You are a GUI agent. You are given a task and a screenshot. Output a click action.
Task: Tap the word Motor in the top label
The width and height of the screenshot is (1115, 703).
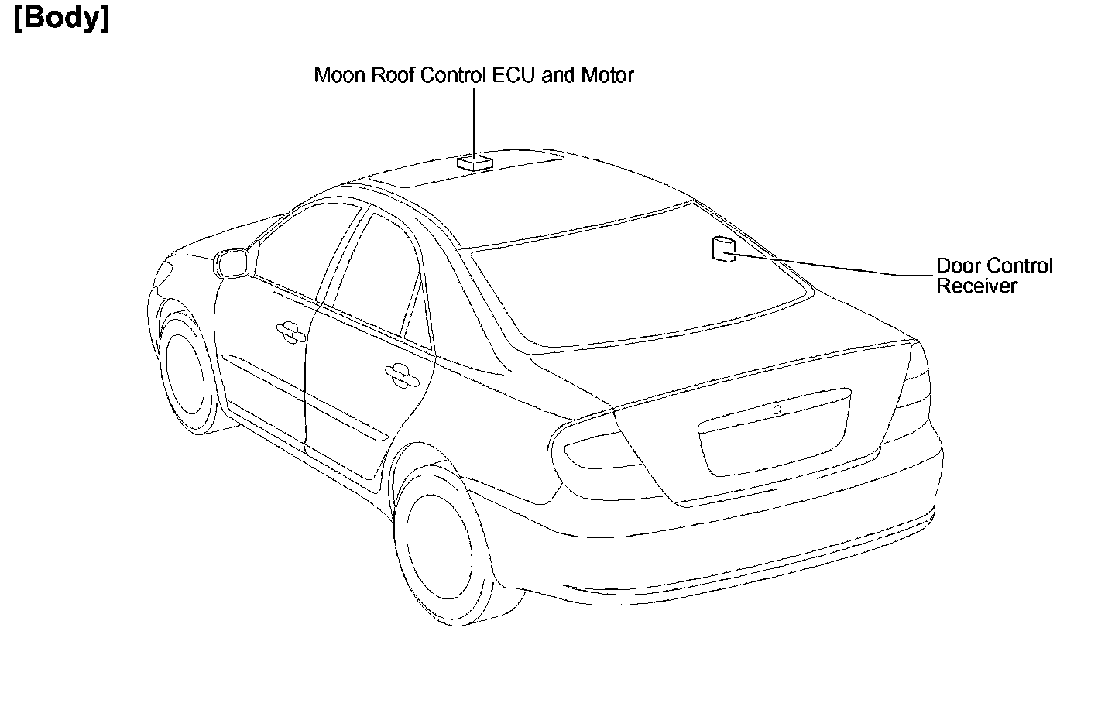point(608,75)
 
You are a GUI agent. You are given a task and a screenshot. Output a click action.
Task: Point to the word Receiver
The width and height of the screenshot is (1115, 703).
point(976,286)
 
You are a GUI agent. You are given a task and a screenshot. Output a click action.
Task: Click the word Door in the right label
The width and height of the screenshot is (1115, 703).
point(956,266)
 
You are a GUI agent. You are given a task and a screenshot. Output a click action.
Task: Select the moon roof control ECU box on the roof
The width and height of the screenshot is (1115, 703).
point(474,162)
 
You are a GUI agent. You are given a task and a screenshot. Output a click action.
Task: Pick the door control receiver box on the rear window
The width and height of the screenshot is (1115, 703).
point(722,249)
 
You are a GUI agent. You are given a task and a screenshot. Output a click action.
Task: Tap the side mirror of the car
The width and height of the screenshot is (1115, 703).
point(231,262)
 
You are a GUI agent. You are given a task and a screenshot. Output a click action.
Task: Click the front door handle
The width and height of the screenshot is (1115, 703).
point(290,331)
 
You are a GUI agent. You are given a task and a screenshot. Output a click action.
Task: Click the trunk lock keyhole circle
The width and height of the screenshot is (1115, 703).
point(777,409)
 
